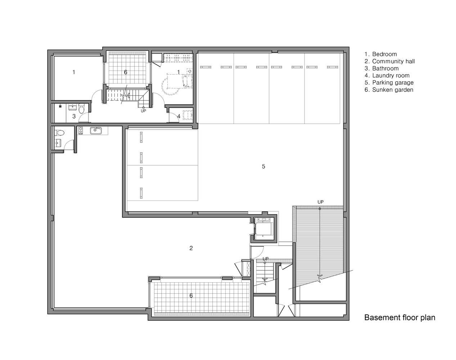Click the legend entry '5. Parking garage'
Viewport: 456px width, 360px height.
pyautogui.click(x=389, y=83)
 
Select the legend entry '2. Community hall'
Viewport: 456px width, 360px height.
pyautogui.click(x=390, y=62)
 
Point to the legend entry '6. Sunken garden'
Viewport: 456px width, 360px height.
pyautogui.click(x=389, y=90)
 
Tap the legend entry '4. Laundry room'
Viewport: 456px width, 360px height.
pyautogui.click(x=387, y=76)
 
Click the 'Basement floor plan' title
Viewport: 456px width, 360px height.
pyautogui.click(x=399, y=318)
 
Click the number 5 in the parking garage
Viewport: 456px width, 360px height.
pyautogui.click(x=263, y=166)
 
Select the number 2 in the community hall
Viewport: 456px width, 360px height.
pyautogui.click(x=191, y=248)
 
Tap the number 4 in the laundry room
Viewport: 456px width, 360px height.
pyautogui.click(x=179, y=116)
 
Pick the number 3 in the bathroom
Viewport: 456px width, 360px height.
pyautogui.click(x=74, y=116)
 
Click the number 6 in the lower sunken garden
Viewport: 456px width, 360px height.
pyautogui.click(x=191, y=296)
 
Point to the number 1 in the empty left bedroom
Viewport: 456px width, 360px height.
pyautogui.click(x=74, y=72)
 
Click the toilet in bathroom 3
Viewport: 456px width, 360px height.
pyautogui.click(x=81, y=108)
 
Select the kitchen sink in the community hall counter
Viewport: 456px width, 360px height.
pyautogui.click(x=96, y=131)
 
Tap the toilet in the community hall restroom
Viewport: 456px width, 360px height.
pyautogui.click(x=59, y=133)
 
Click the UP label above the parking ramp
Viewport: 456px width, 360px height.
pyautogui.click(x=320, y=202)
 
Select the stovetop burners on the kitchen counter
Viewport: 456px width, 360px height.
pyautogui.click(x=81, y=130)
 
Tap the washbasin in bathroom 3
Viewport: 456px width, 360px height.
pyautogui.click(x=73, y=107)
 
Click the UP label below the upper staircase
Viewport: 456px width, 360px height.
pyautogui.click(x=144, y=111)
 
